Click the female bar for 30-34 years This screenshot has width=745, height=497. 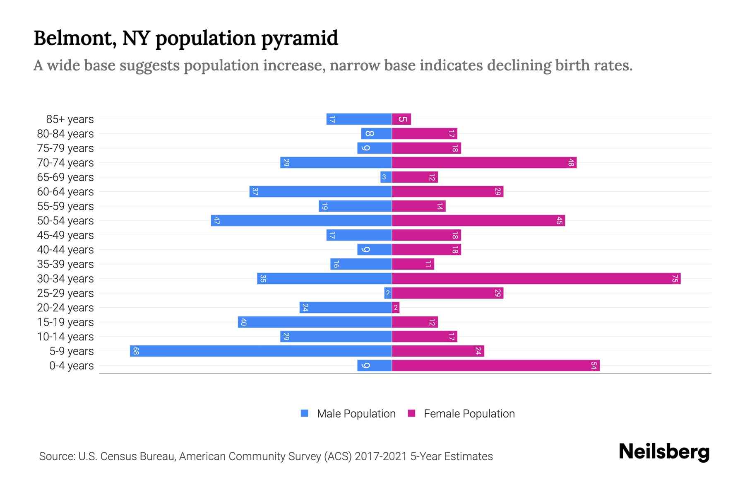tap(536, 279)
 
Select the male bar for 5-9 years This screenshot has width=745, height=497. tap(261, 351)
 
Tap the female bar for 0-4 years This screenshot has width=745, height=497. tap(495, 366)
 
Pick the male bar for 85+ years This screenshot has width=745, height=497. tap(359, 119)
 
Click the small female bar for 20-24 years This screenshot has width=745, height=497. tap(396, 308)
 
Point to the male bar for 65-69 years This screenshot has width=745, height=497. tap(386, 177)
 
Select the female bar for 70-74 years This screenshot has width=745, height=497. tap(484, 163)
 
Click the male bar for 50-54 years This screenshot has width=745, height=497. tap(301, 221)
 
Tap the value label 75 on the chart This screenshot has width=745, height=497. tap(675, 279)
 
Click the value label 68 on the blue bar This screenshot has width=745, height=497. tap(136, 351)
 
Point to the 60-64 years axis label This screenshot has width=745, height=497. tap(65, 192)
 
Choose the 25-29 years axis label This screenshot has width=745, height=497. tap(65, 293)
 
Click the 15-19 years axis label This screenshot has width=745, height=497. tap(65, 322)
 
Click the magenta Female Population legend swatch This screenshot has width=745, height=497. tap(411, 413)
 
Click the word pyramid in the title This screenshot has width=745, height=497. tap(300, 38)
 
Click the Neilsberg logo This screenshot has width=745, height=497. tap(664, 451)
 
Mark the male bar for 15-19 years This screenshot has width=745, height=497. tap(315, 322)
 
